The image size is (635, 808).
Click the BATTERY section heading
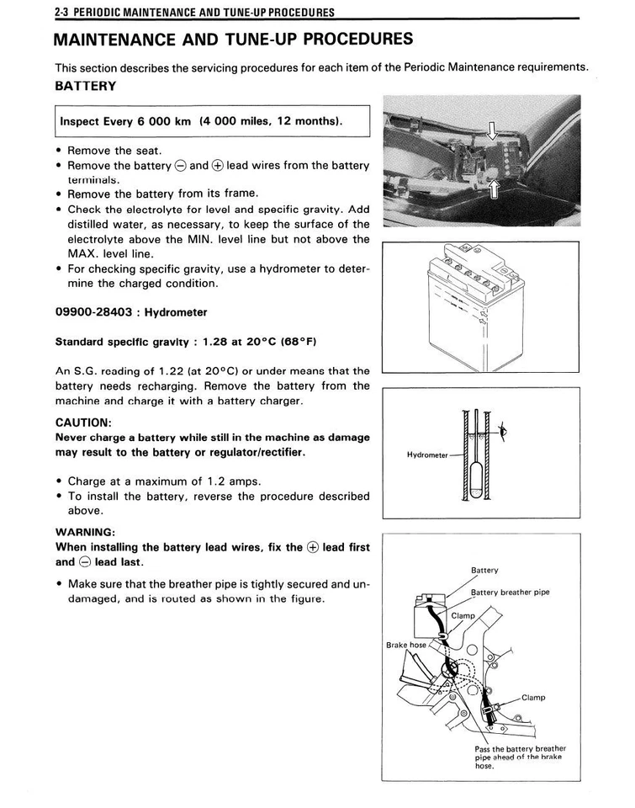pyautogui.click(x=85, y=87)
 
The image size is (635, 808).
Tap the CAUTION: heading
pyautogui.click(x=82, y=423)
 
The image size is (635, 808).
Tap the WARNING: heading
pyautogui.click(x=84, y=532)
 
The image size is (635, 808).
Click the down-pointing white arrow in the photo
pyautogui.click(x=493, y=129)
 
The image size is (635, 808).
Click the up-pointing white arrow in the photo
pyautogui.click(x=494, y=188)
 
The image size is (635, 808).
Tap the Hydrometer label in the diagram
pyautogui.click(x=427, y=455)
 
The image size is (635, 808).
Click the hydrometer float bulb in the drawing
pyautogui.click(x=476, y=480)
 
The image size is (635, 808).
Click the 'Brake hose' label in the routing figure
pyautogui.click(x=406, y=645)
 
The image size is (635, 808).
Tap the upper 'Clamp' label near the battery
pyautogui.click(x=463, y=615)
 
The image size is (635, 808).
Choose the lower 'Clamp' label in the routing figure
pyautogui.click(x=532, y=697)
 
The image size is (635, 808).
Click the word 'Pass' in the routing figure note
pyautogui.click(x=484, y=748)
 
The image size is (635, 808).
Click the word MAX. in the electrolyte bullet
pyautogui.click(x=83, y=253)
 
